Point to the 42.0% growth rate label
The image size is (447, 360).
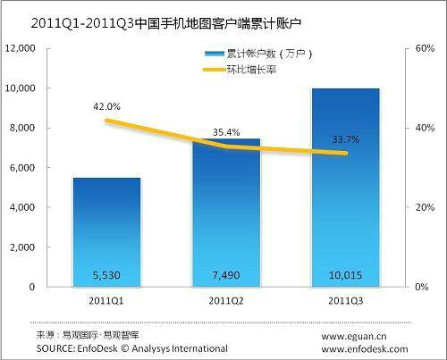[x=106, y=107]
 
